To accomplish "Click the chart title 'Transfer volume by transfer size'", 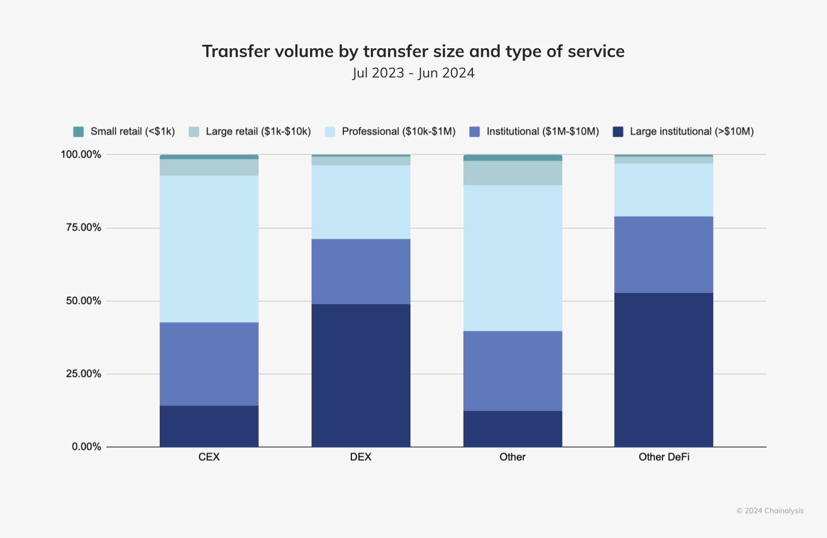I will pos(413,51).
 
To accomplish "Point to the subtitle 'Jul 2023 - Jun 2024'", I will pos(413,73).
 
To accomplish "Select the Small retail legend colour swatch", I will pos(78,131).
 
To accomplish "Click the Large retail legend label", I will pos(258,131).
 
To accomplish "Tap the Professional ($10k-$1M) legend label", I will pos(398,131).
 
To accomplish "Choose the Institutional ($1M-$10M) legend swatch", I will pos(474,131).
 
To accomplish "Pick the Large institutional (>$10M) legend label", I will pos(691,131).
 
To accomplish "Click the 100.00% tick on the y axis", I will pos(81,154).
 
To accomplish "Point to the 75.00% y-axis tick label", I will pos(83,228).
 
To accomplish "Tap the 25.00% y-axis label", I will pos(83,374).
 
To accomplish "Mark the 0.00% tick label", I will pos(86,447).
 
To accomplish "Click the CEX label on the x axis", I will pos(209,457).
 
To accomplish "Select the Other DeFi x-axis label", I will pos(664,457).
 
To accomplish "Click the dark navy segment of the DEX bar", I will pos(361,375).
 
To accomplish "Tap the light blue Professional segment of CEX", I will pos(209,249).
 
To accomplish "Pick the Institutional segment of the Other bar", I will pos(513,371).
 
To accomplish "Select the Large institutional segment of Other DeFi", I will pos(663,369).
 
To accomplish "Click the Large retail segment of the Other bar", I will pos(513,173).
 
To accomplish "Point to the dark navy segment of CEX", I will pos(209,426).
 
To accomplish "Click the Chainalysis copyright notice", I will pos(770,511).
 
